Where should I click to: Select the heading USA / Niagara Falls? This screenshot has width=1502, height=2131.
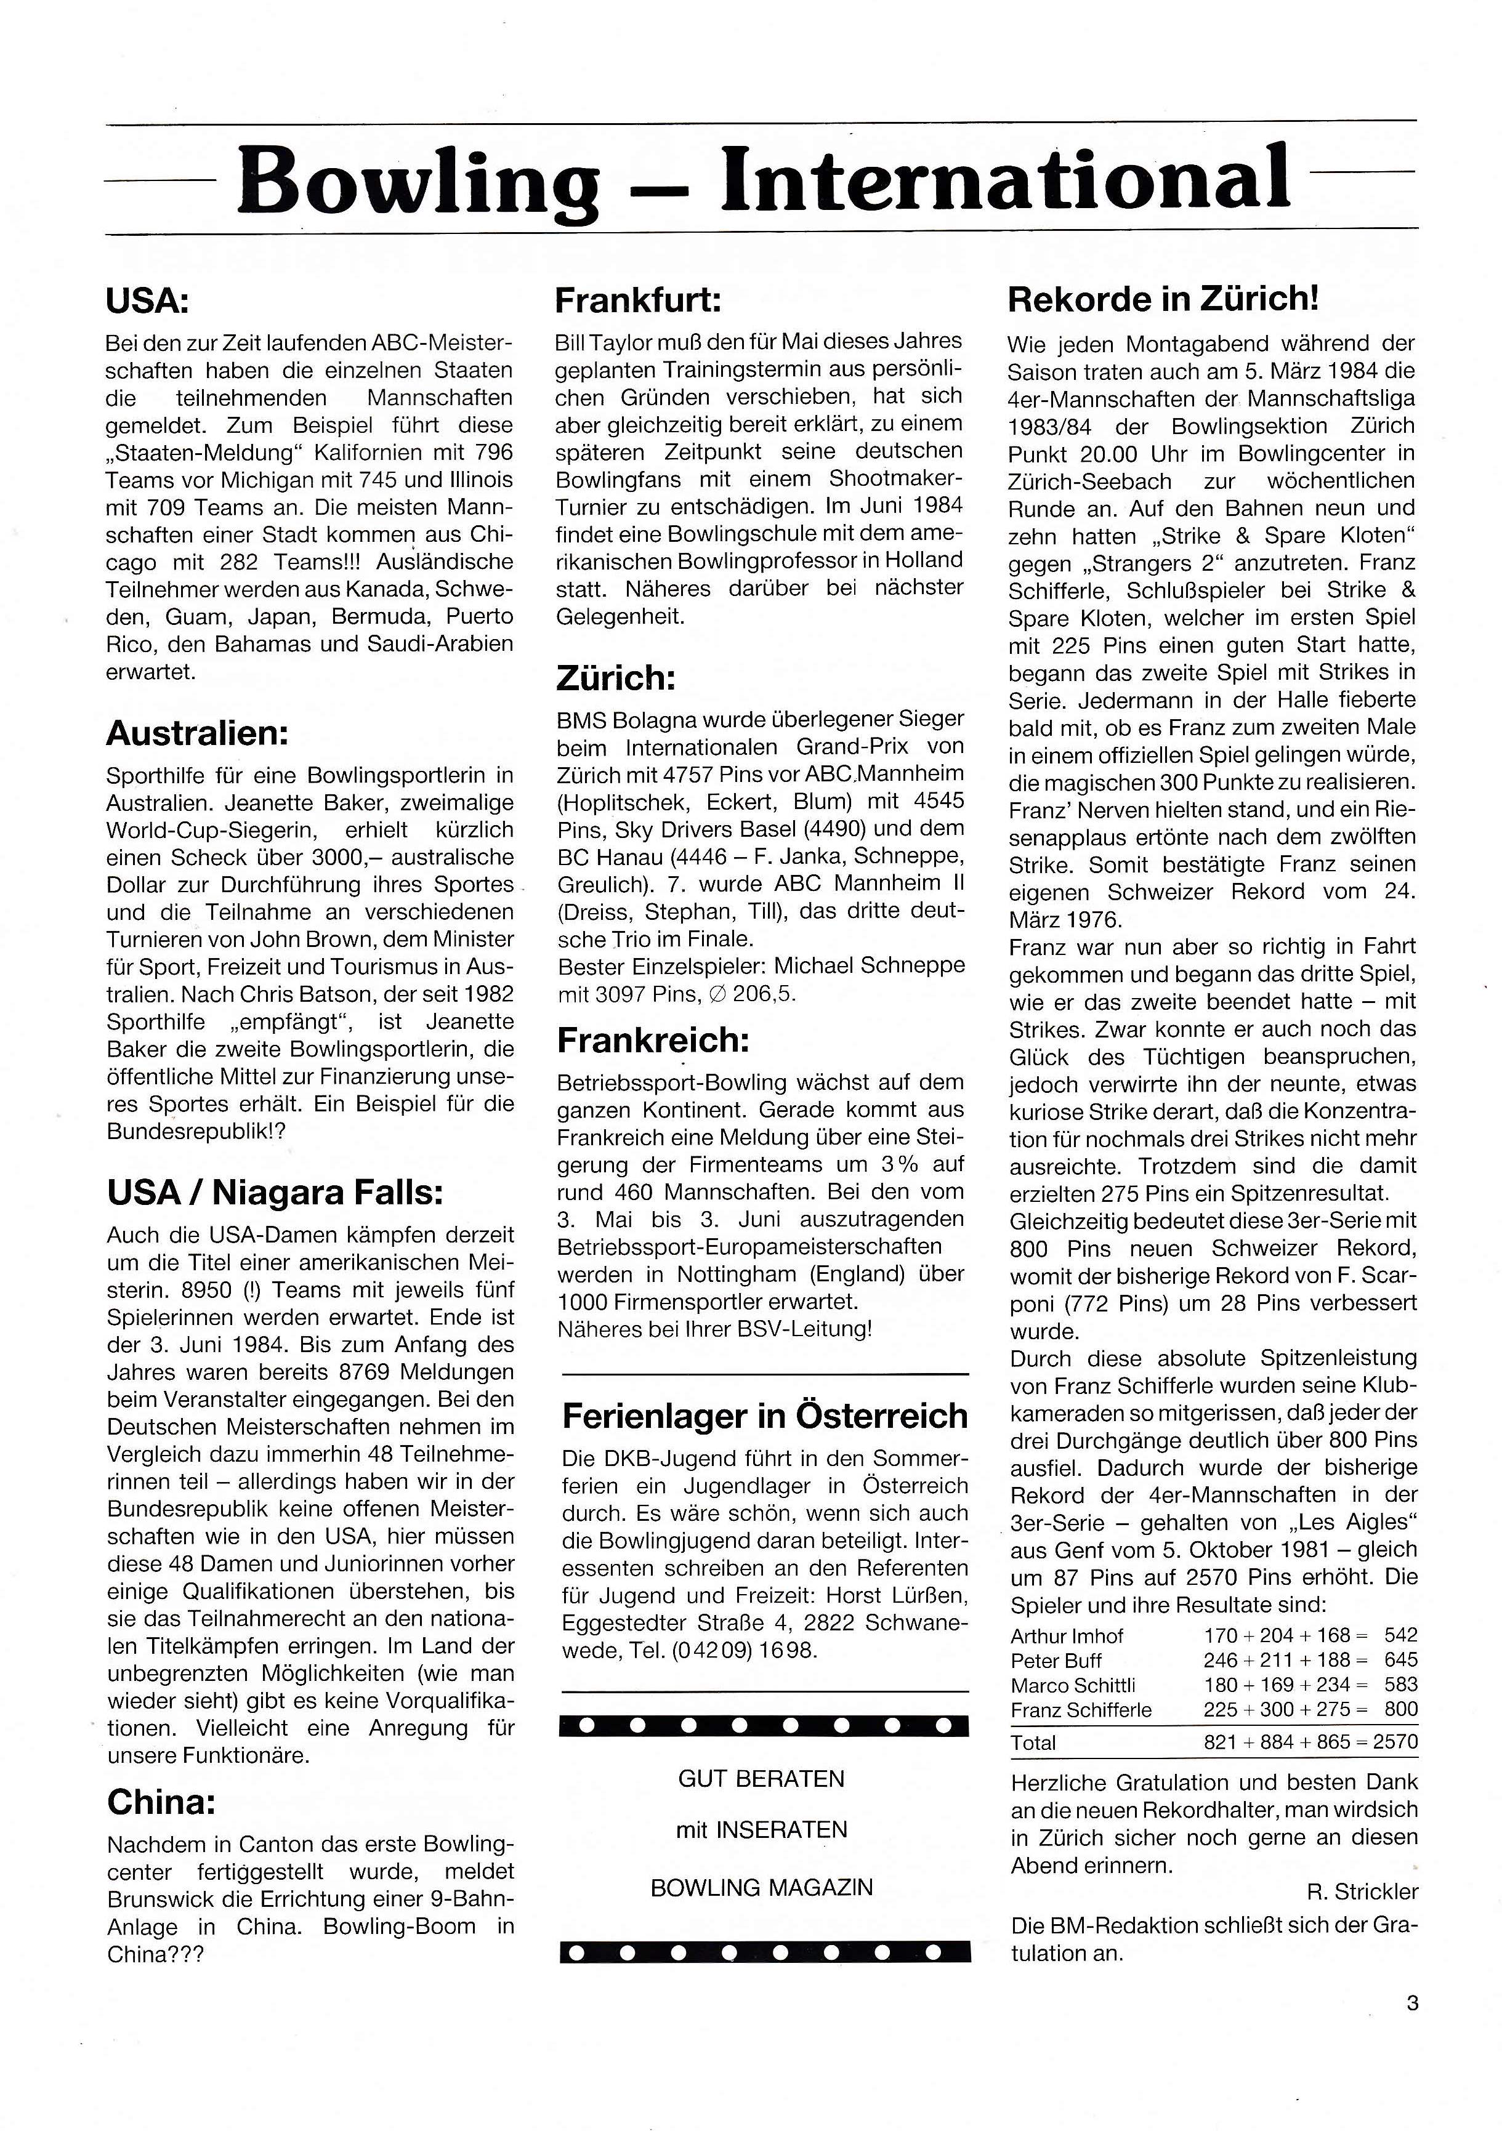point(275,1193)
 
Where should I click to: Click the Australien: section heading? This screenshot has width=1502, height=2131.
point(198,733)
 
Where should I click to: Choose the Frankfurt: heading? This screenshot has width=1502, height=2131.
point(639,300)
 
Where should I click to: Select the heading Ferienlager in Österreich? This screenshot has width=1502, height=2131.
point(765,1416)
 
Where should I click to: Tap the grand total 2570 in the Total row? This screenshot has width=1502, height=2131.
point(1395,1742)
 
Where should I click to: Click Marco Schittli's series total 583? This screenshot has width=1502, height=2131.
point(1400,1685)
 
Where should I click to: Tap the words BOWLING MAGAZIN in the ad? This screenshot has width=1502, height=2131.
point(761,1887)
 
